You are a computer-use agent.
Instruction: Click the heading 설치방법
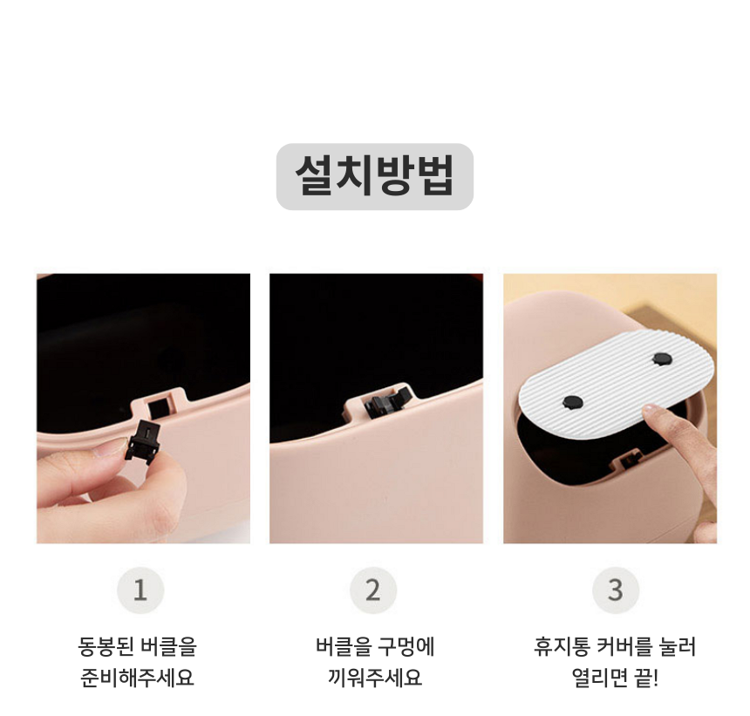(374, 175)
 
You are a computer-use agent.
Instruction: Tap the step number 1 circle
(140, 590)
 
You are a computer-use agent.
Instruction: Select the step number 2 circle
(373, 590)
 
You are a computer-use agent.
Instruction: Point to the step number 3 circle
(616, 590)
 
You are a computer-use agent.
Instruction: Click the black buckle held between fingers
(142, 441)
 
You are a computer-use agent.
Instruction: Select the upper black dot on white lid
(663, 358)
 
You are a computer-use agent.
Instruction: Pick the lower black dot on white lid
(573, 402)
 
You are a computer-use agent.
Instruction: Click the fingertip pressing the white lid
(651, 412)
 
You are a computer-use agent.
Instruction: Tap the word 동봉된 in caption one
(106, 646)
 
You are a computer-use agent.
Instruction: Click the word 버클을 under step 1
(168, 646)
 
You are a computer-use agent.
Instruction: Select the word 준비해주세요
(137, 678)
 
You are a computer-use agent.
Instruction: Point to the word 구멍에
(406, 646)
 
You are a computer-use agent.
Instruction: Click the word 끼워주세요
(374, 678)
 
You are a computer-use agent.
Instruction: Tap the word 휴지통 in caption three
(562, 646)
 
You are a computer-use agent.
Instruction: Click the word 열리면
(599, 678)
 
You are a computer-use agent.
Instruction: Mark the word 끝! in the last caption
(647, 678)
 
